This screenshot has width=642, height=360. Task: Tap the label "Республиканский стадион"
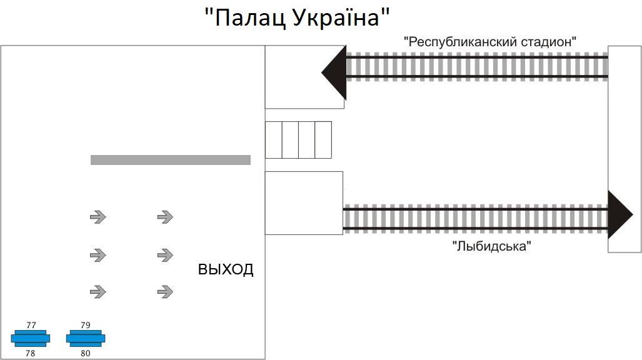(489, 42)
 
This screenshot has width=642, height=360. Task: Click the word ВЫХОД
(226, 270)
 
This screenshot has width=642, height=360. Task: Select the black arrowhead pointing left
(335, 72)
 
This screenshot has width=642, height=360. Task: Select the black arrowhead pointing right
(619, 215)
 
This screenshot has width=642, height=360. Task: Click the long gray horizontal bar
(171, 160)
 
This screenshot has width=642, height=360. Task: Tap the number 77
(31, 325)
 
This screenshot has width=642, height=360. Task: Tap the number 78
(31, 353)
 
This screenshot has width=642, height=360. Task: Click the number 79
(86, 325)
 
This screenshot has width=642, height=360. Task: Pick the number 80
(86, 353)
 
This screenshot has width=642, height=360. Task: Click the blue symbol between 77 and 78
(30, 339)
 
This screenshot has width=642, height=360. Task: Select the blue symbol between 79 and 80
(86, 339)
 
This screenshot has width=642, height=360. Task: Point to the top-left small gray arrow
(98, 217)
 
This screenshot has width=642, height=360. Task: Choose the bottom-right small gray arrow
(164, 291)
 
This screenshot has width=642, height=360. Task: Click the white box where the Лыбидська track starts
(304, 202)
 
